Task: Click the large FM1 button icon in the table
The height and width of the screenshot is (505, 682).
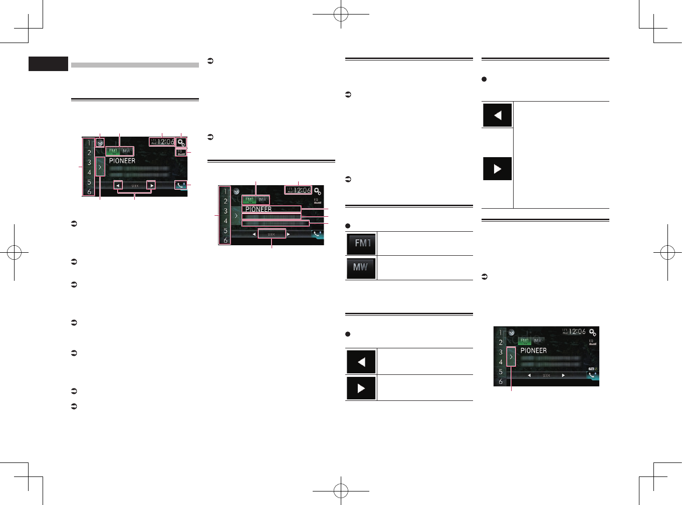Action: point(361,244)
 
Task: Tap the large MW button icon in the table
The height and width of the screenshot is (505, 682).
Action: point(361,267)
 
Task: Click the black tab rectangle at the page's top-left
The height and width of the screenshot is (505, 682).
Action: point(48,64)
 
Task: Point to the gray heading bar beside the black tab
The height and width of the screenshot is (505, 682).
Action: point(135,65)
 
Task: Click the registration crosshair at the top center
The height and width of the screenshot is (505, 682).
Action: point(341,15)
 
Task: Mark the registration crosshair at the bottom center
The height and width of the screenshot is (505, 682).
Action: point(341,491)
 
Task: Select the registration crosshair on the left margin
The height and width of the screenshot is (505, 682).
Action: point(14,253)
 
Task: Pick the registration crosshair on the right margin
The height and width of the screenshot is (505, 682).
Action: point(667,253)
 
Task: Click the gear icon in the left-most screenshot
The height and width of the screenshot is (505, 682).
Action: point(181,143)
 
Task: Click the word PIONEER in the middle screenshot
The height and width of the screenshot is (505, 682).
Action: point(259,209)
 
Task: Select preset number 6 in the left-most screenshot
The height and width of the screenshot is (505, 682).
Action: point(89,192)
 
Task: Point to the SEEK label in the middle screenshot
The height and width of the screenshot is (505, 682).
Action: point(272,234)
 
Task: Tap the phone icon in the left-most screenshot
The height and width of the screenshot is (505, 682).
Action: point(181,185)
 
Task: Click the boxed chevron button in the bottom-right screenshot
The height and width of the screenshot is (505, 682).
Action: point(511,357)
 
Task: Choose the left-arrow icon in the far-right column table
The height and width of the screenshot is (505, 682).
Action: point(497,115)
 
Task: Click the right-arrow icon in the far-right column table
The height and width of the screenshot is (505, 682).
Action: point(497,169)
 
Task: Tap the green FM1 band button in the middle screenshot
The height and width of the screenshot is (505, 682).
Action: point(250,200)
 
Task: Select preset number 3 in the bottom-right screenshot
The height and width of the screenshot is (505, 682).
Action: point(501,352)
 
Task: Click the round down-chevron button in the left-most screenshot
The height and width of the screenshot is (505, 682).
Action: point(100,143)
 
